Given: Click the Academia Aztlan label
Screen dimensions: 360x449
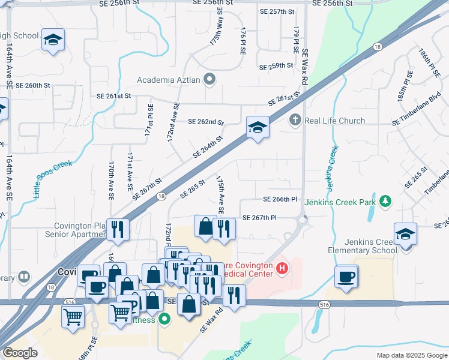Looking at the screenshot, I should pos(169,79).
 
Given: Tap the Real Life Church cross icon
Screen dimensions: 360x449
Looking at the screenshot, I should pos(295,120).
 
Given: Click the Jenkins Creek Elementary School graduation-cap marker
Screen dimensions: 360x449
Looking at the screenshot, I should pos(405,233).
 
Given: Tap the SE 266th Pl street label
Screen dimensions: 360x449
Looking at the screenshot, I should pos(280,199).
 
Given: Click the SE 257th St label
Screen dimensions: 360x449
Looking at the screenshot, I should pos(277,11).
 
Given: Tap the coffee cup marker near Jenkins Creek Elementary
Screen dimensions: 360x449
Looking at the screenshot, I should pos(346,277).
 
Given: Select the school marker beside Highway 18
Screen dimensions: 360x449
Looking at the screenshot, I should pos(258,128).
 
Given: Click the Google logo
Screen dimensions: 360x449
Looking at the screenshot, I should pos(20,353).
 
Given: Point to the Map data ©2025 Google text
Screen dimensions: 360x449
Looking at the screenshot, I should pos(411,355).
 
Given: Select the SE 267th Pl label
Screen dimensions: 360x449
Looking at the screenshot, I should pos(259,218).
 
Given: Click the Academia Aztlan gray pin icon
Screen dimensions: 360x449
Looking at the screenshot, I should pos(209,79).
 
